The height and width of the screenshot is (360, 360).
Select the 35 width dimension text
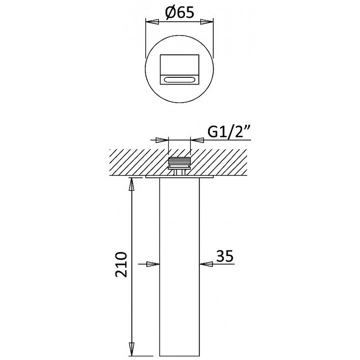coord(225,256)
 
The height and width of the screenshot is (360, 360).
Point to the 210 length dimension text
coord(121,265)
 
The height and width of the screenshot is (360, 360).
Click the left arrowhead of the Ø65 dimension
coord(152,22)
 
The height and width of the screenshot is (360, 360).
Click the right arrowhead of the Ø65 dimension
coord(207,22)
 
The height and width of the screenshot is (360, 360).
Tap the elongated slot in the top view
coord(179,80)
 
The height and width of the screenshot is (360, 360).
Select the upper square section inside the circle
coord(179,65)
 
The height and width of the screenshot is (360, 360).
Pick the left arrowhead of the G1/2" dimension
coord(162,140)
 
